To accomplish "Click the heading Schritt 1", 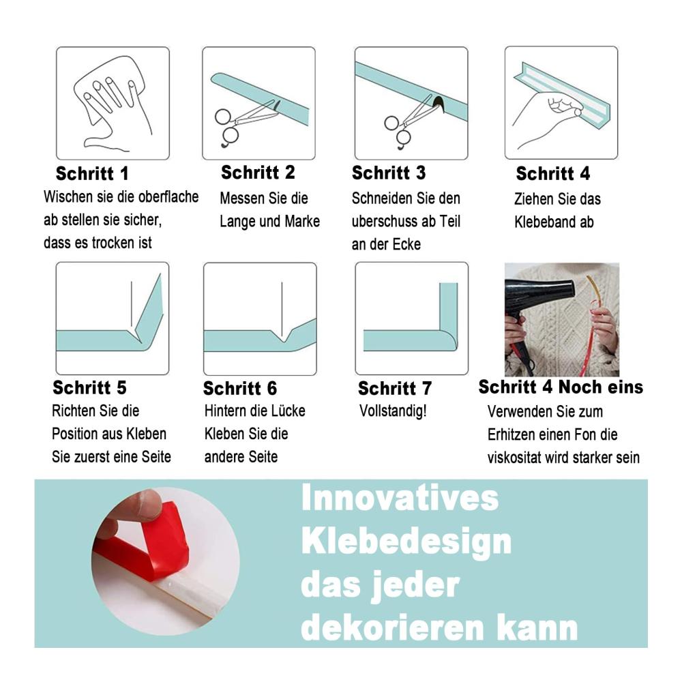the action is (x=92, y=173).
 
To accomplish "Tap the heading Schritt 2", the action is (x=258, y=173).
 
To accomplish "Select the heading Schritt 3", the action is (x=389, y=173).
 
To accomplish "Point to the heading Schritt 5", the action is (x=89, y=387).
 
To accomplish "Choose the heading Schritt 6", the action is (x=240, y=388).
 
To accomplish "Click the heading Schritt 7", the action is (x=395, y=388).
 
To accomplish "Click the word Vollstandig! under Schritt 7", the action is (x=394, y=411).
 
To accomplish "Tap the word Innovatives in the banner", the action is (x=400, y=498).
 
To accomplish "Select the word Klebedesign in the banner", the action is (x=406, y=542).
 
